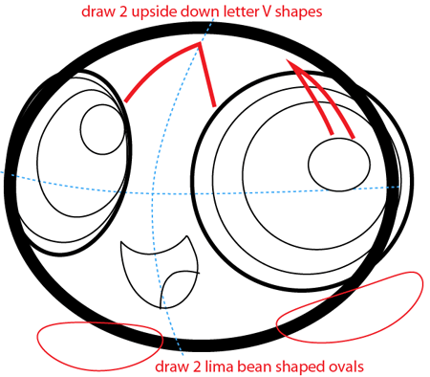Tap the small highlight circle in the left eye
pos(98,123)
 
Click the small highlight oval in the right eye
pos(338,166)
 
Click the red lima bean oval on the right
pos(349,308)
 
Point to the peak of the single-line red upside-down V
pos(198,45)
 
